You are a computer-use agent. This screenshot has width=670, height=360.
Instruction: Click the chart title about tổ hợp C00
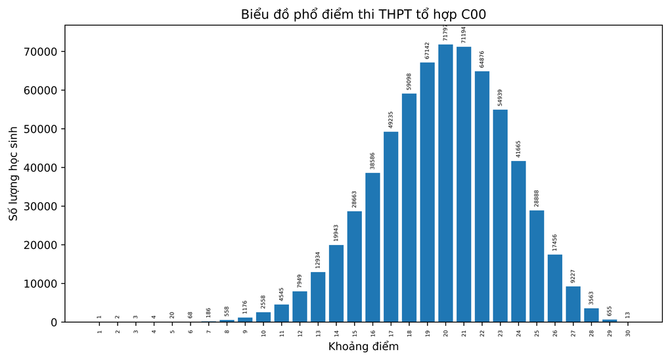363,14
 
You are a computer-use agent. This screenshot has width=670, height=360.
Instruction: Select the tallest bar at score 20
445,184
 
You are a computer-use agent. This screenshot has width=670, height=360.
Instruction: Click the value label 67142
427,51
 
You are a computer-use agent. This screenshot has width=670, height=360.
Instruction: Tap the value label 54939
500,98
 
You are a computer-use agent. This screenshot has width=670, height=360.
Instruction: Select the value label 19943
336,233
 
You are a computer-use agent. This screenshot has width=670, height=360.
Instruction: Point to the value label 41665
518,149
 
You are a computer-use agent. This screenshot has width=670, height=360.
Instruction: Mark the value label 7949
300,281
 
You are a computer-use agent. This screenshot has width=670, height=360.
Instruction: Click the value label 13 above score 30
628,315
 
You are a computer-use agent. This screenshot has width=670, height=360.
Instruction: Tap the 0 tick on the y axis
55,323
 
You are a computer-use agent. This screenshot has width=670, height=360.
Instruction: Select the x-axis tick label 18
409,333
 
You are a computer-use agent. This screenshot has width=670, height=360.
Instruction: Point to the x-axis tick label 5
172,332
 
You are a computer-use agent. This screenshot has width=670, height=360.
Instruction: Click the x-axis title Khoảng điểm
363,347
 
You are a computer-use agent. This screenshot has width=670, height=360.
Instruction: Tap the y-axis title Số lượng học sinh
13,173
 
